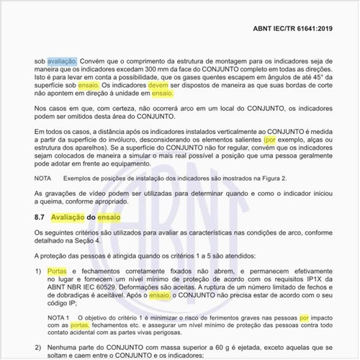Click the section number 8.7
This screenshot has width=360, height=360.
pos(42,216)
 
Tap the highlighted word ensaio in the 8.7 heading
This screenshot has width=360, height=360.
pos(110,216)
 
